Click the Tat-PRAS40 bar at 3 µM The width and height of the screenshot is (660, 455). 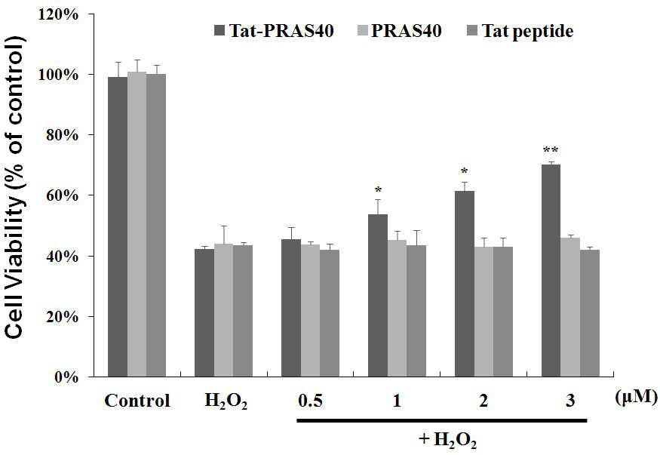551,270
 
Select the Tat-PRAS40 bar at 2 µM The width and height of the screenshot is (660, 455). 465,284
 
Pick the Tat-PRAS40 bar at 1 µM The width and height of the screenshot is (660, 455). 378,295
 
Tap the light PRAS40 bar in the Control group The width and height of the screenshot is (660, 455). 137,224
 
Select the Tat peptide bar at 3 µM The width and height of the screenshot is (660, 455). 590,313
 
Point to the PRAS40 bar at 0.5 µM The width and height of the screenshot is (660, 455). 310,311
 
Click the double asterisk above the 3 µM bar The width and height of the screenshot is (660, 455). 551,150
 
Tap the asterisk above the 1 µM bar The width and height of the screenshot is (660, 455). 378,189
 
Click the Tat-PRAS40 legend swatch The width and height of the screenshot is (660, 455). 219,30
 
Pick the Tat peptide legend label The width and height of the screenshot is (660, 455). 527,31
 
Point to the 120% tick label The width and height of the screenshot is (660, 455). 59,15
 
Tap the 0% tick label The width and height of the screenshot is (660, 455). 66,377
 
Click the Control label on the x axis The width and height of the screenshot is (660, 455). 137,400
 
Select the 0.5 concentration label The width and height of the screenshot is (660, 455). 311,400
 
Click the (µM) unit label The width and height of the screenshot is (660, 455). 636,398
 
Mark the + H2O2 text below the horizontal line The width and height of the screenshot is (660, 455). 448,440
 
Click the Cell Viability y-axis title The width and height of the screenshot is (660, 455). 16,187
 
